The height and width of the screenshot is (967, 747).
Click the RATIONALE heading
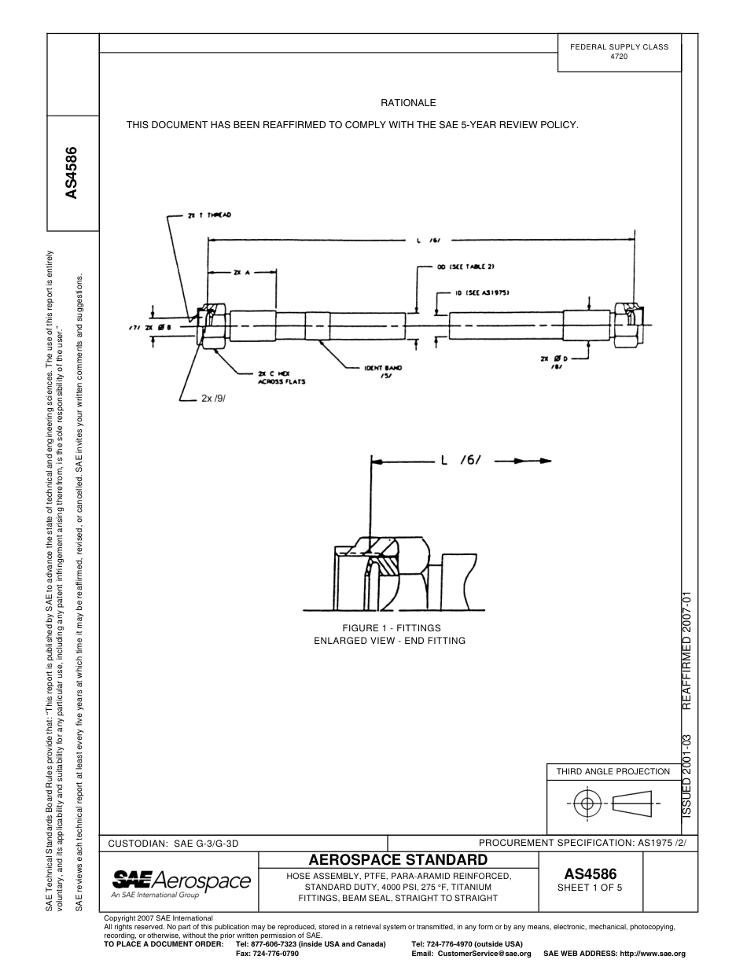tap(408, 103)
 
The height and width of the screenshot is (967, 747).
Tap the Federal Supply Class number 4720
tap(619, 58)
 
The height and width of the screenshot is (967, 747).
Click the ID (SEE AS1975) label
tap(484, 292)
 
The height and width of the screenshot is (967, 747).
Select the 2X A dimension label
tap(241, 273)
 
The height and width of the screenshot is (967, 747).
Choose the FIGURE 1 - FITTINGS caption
tap(391, 628)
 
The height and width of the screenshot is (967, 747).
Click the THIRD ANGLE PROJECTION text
tap(613, 771)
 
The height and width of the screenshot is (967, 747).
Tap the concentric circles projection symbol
tap(585, 804)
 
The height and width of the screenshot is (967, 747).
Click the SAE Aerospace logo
tap(181, 882)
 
